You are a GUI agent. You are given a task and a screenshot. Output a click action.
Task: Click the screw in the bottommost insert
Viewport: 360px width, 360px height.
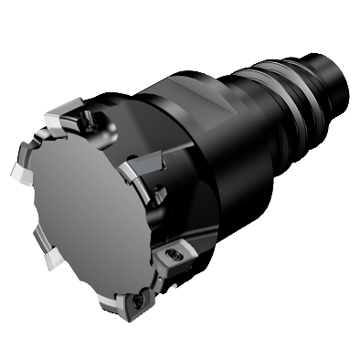click(139, 299)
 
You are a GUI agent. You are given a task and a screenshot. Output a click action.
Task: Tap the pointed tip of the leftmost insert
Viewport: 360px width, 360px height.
click(11, 174)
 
